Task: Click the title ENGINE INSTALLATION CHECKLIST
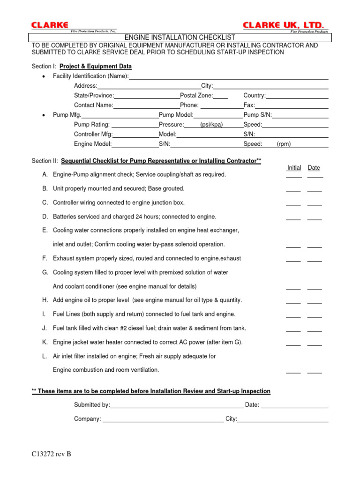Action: click(180, 37)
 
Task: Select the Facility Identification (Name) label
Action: click(90, 76)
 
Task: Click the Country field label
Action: click(255, 96)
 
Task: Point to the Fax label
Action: click(249, 105)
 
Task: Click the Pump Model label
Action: click(176, 115)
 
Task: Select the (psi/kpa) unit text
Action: click(211, 125)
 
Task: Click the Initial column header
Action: click(294, 168)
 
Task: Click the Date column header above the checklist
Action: click(314, 168)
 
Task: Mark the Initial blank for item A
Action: click(294, 176)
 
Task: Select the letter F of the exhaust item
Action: click(44, 258)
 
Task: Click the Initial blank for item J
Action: click(294, 330)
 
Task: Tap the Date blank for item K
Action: click(315, 344)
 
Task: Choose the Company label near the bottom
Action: click(88, 419)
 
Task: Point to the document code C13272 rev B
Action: click(52, 454)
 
